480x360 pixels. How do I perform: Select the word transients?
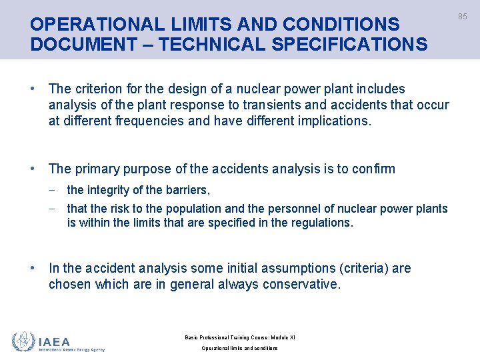pyautogui.click(x=295, y=105)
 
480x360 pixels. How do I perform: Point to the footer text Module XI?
pyautogui.click(x=282, y=337)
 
